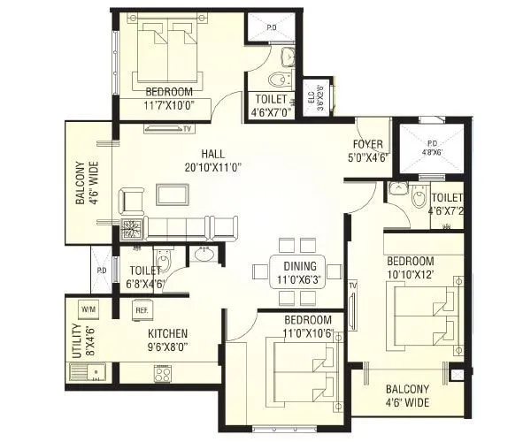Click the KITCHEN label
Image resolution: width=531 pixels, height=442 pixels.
[x=167, y=333]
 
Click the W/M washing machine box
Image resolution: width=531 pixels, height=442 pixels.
[x=88, y=309]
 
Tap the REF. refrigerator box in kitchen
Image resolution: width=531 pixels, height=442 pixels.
[x=142, y=309]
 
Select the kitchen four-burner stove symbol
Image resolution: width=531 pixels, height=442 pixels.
[x=163, y=373]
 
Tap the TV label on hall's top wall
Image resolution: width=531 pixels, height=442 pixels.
[x=188, y=129]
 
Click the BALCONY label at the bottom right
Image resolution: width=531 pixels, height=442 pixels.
[x=407, y=389]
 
